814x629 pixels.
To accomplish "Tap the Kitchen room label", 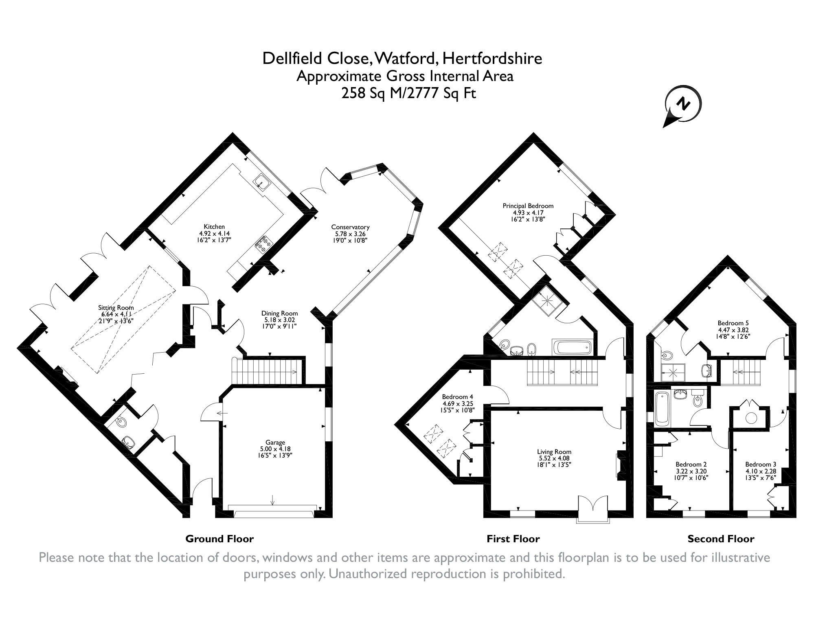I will tap(214, 227).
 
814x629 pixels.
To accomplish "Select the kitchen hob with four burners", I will tap(263, 243).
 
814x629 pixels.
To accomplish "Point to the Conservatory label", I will tap(350, 227).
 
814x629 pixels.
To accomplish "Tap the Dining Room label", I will tap(279, 313).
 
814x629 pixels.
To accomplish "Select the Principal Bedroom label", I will tap(528, 206).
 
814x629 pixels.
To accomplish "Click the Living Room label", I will tap(554, 451).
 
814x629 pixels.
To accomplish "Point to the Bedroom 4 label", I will tap(458, 397).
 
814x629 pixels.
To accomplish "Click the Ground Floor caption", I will tap(219, 539).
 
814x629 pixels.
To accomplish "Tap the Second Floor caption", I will tap(721, 539).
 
